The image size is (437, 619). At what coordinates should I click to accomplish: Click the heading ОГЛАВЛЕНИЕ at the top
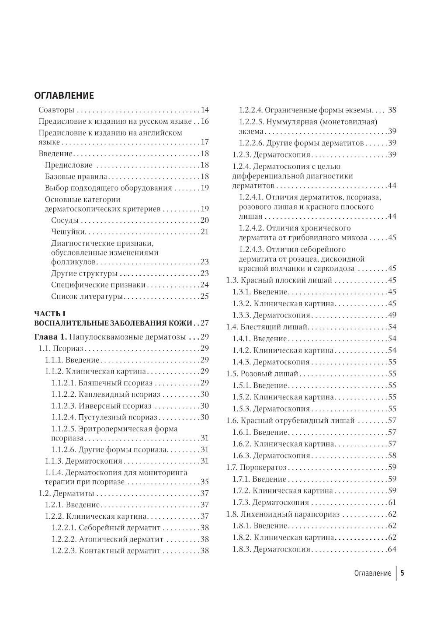[64, 95]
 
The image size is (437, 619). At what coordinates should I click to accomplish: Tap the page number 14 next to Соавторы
[205, 110]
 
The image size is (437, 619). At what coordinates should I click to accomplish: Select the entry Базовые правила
[76, 177]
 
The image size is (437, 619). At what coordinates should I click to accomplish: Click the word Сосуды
[65, 220]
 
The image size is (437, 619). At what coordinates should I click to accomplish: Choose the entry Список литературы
[87, 297]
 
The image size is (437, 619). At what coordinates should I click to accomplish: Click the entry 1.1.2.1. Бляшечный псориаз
[102, 383]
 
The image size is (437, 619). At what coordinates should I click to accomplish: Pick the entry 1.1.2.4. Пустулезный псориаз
[104, 417]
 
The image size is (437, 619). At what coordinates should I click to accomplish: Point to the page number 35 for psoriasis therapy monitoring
[205, 482]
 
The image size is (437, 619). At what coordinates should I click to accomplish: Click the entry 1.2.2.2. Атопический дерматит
[107, 539]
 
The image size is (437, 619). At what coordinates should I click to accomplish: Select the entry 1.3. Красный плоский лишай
[279, 280]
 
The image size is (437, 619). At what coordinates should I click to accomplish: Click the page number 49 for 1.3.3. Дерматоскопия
[392, 315]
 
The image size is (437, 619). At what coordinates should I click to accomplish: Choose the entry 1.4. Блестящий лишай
[267, 327]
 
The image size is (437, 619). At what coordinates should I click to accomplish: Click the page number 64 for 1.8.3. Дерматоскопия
[392, 549]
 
